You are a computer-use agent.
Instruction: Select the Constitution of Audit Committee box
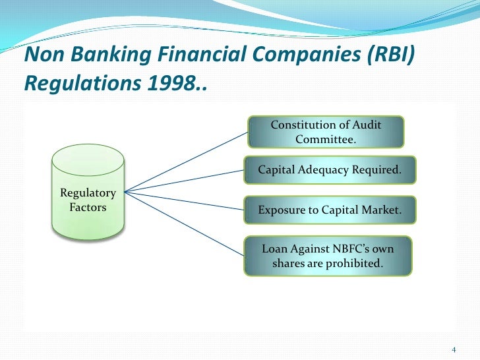click(x=326, y=132)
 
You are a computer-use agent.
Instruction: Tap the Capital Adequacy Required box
click(x=330, y=170)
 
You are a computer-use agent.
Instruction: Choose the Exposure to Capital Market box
click(x=330, y=210)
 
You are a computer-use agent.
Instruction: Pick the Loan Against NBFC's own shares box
click(x=328, y=256)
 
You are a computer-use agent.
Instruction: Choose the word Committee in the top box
click(x=326, y=139)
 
